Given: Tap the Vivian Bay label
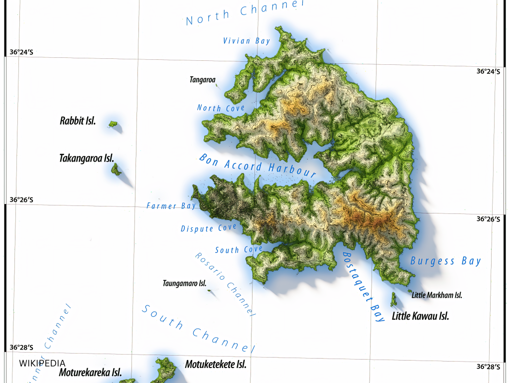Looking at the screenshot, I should [x=247, y=41].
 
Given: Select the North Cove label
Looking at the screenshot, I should [x=221, y=108].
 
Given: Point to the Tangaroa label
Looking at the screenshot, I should [x=202, y=79].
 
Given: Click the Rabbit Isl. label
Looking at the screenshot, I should [x=77, y=121].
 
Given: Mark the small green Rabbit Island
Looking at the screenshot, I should [x=113, y=124].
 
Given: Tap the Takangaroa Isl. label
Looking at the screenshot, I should [x=87, y=158].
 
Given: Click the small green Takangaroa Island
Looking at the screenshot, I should [x=116, y=171].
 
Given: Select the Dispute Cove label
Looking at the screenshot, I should [x=208, y=228].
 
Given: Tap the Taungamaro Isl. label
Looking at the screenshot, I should [x=184, y=283].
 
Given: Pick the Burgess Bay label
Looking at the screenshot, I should [x=445, y=261].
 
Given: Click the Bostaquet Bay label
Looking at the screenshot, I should [x=364, y=286].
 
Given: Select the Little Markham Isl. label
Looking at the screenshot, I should [x=437, y=295].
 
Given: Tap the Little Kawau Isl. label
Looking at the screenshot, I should [x=420, y=316].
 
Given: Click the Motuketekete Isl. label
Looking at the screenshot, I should [x=216, y=364].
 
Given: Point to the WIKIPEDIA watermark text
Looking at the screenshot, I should [x=42, y=363].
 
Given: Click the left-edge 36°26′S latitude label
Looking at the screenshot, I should [x=21, y=200].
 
